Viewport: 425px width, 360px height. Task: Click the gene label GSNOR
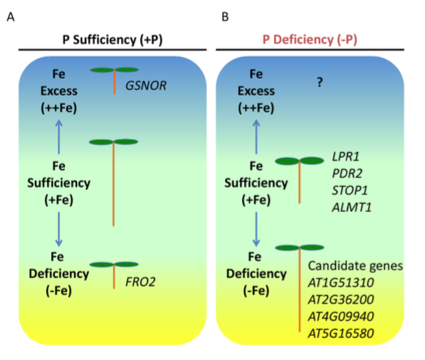pyautogui.click(x=146, y=86)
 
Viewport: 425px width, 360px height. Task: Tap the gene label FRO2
pyautogui.click(x=140, y=282)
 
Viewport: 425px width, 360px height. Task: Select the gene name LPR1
pyautogui.click(x=345, y=157)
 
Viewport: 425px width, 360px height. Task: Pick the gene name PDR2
pyautogui.click(x=347, y=174)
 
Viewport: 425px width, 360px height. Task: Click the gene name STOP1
pyautogui.click(x=350, y=191)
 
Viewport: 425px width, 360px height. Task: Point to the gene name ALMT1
pyautogui.click(x=352, y=208)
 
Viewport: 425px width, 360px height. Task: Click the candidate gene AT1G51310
pyautogui.click(x=341, y=282)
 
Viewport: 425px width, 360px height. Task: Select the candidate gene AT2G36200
pyautogui.click(x=341, y=300)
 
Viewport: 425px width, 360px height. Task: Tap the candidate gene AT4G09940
pyautogui.click(x=341, y=317)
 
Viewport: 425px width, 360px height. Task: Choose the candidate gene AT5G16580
pyautogui.click(x=341, y=334)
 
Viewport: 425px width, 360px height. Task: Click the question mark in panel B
pyautogui.click(x=320, y=82)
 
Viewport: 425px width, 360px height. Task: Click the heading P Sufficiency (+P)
pyautogui.click(x=112, y=40)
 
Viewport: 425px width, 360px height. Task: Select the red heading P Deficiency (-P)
pyautogui.click(x=310, y=40)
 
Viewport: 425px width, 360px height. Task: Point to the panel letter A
pyautogui.click(x=11, y=17)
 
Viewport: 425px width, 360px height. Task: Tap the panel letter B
pyautogui.click(x=225, y=17)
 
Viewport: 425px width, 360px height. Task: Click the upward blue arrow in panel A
pyautogui.click(x=59, y=137)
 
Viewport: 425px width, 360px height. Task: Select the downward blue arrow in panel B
pyautogui.click(x=256, y=229)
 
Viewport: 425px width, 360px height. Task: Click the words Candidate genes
pyautogui.click(x=355, y=266)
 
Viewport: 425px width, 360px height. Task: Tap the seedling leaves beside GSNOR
pyautogui.click(x=115, y=70)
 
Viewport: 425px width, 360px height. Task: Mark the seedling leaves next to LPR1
pyautogui.click(x=300, y=161)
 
